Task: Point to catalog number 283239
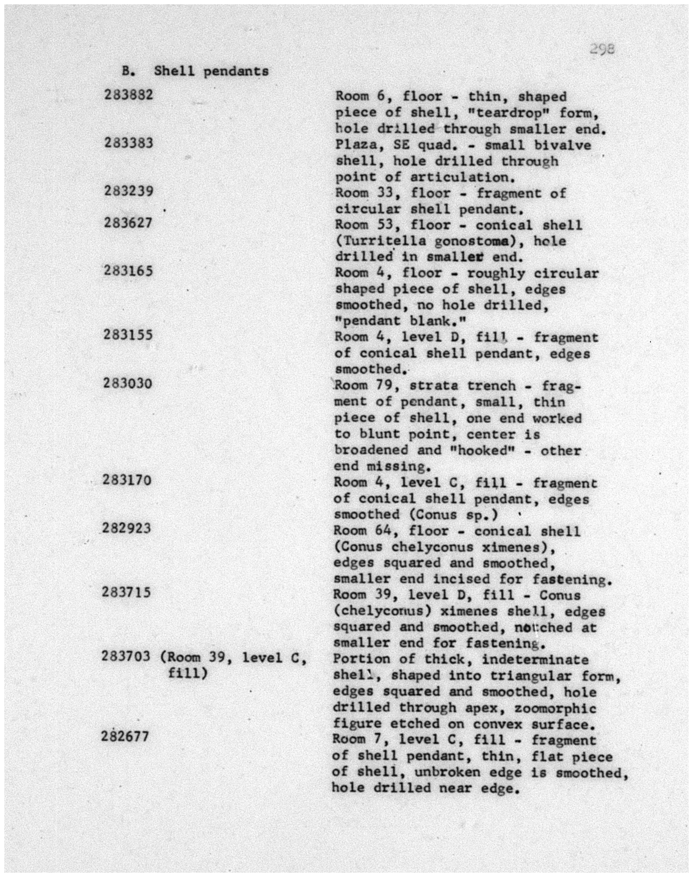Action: point(129,191)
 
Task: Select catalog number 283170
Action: point(127,480)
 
